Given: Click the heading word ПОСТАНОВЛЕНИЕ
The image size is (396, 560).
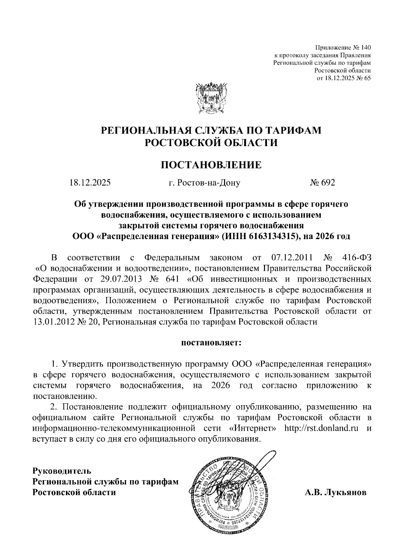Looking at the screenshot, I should (211, 165).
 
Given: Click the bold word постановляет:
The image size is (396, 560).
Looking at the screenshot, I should (211, 343).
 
